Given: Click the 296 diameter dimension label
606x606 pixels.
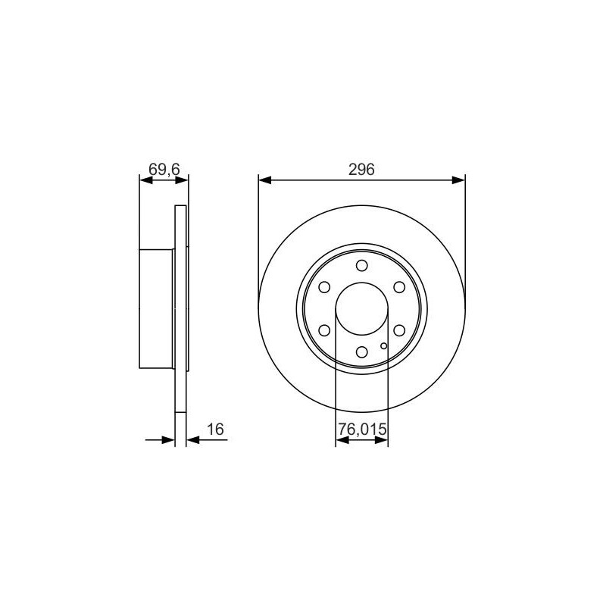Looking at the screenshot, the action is pos(361,169).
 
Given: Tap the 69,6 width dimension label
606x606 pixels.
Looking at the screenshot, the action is pos(164,169).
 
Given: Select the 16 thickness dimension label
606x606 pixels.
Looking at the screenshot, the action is pos(215,429).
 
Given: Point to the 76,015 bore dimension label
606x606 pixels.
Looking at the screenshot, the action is pos(362,429).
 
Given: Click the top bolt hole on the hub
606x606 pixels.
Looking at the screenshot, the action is pos(362,266).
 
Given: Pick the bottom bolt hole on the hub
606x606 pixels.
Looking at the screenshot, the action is pos(362,352).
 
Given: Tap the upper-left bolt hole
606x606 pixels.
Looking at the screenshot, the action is pos(324,287).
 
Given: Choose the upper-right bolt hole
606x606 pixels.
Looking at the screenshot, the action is pos(399,287).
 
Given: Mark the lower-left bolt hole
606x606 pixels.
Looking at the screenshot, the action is pos(324,330).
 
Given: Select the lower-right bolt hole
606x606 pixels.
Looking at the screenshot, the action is pos(399,330).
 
